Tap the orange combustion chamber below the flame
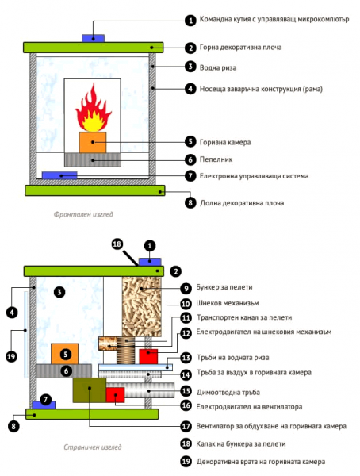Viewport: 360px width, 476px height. tap(93, 142)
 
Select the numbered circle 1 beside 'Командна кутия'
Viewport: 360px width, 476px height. tap(190, 21)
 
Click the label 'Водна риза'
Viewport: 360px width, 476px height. tap(218, 67)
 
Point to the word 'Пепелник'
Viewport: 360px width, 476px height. tap(216, 159)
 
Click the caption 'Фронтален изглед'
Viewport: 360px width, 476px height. tap(83, 214)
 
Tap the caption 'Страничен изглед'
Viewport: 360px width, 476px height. tap(93, 447)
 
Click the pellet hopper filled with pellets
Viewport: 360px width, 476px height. tap(141, 306)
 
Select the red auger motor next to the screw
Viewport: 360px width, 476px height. tap(148, 356)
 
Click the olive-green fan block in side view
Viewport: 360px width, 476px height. tap(90, 390)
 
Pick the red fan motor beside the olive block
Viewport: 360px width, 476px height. tap(115, 395)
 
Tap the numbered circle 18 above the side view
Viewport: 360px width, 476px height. tap(117, 244)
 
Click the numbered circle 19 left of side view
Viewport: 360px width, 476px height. tap(11, 356)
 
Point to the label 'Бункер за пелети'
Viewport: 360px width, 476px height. tap(224, 287)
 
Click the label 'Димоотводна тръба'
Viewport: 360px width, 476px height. tap(228, 392)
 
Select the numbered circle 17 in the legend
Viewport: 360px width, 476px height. tap(186, 426)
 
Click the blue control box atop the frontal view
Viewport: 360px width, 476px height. tap(94, 38)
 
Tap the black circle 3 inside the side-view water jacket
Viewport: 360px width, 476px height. tap(59, 292)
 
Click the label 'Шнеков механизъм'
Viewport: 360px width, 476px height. tap(228, 303)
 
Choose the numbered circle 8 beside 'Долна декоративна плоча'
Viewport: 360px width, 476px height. tap(190, 202)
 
